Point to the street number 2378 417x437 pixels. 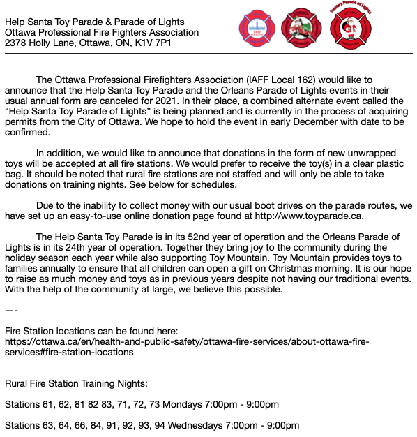click(16, 43)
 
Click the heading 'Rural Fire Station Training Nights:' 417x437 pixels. click(76, 383)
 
